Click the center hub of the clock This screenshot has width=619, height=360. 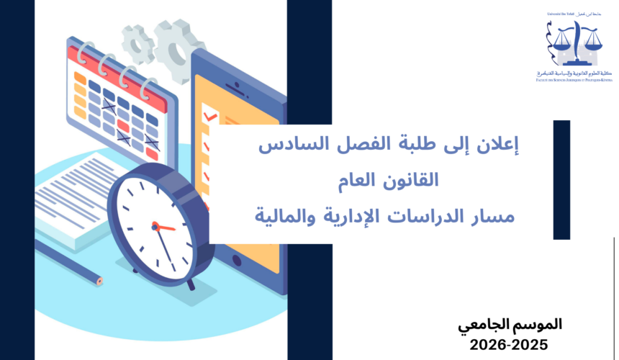point(155,226)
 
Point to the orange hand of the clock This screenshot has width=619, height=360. point(165,228)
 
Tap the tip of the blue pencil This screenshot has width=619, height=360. point(101,279)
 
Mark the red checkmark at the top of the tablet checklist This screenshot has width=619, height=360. point(210,116)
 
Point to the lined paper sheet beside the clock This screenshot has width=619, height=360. point(68,198)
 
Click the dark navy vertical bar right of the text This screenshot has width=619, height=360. point(561,180)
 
